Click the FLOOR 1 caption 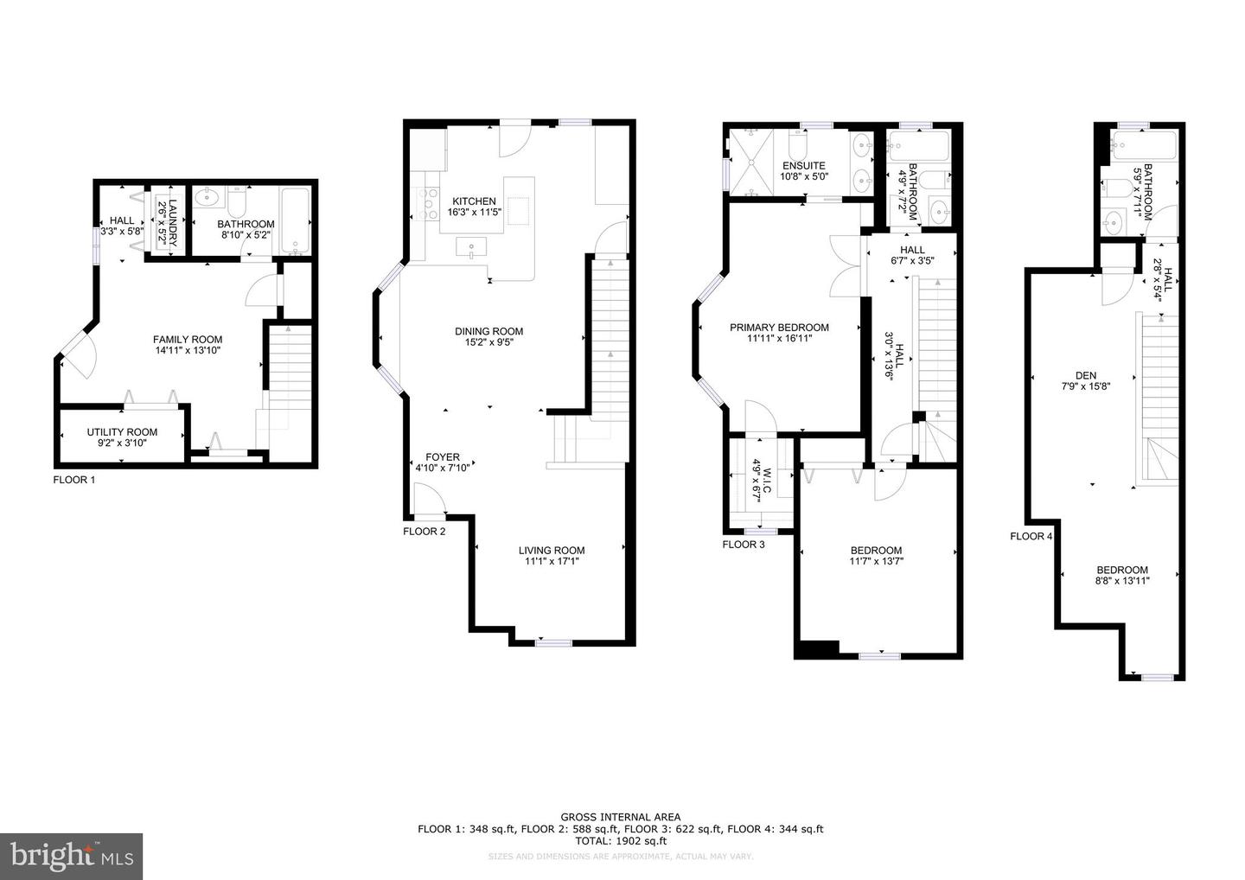tap(74, 480)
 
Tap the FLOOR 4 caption tap(1031, 536)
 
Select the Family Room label tap(188, 340)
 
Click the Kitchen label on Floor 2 tap(471, 201)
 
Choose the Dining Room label tap(489, 331)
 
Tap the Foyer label tap(443, 457)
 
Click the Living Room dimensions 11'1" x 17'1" tap(552, 562)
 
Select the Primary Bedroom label tap(779, 328)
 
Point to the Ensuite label tap(804, 166)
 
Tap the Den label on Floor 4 tap(1085, 375)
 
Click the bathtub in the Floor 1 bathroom tap(295, 221)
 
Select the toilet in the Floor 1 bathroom tap(237, 204)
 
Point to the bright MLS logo tap(71, 856)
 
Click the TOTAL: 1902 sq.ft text tap(620, 840)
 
